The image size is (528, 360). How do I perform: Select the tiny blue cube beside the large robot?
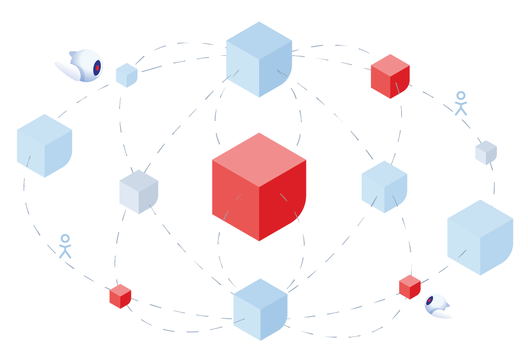tap(127, 75)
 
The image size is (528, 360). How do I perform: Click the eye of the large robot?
tap(97, 68)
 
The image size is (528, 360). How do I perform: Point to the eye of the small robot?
tap(430, 301)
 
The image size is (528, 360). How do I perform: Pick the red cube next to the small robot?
tap(409, 287)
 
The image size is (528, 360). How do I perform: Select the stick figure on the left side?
tap(65, 246)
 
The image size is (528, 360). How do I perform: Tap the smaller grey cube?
tap(485, 152)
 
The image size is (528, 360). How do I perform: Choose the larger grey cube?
tap(138, 191)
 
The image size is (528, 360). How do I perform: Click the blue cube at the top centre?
tap(259, 59)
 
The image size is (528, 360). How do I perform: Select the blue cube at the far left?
tap(44, 146)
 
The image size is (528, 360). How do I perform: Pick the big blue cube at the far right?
tap(480, 237)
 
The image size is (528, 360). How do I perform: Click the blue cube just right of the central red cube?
tap(384, 187)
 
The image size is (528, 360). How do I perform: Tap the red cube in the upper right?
tap(390, 77)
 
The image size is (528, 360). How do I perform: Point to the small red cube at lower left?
tap(120, 296)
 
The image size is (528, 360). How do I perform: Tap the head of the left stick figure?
tap(65, 238)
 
